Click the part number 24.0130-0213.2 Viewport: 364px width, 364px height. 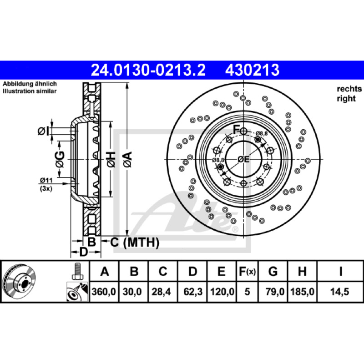coord(148,70)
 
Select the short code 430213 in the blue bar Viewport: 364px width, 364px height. coord(252,70)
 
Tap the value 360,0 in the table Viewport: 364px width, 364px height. coord(104,292)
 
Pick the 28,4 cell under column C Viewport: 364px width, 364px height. coord(162,292)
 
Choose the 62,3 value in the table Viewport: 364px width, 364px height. coord(193,292)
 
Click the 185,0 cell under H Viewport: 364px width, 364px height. coord(302,292)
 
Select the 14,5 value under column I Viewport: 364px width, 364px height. coord(339,292)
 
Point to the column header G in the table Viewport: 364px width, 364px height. coord(273,271)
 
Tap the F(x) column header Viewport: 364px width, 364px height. coord(247,271)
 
